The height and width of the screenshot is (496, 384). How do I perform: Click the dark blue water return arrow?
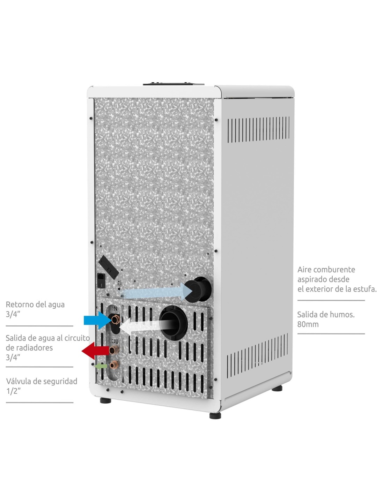click(97, 320)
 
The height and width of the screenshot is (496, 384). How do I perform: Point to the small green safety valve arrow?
click(101, 366)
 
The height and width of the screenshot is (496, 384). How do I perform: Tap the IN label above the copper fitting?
click(115, 308)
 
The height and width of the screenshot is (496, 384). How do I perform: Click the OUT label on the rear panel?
click(116, 341)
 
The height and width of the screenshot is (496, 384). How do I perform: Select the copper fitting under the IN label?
click(115, 319)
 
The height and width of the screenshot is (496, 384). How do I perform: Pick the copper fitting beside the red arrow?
click(114, 350)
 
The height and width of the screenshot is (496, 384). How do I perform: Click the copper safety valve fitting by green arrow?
click(113, 365)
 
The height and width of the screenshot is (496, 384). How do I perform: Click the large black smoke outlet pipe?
click(173, 323)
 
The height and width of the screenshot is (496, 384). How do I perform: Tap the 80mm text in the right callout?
click(308, 324)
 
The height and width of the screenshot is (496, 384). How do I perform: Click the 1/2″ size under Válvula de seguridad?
click(13, 391)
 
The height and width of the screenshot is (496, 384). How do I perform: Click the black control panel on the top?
click(173, 83)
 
